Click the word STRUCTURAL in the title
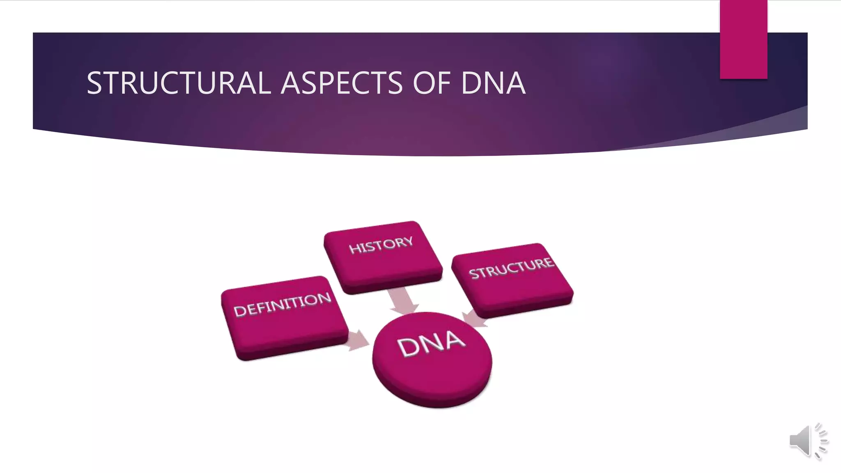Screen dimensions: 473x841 tap(178, 83)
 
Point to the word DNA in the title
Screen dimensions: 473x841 tap(493, 83)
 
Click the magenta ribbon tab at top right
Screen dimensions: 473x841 tap(743, 39)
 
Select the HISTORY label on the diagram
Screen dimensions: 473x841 tap(381, 245)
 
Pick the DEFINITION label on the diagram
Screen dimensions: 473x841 tap(282, 305)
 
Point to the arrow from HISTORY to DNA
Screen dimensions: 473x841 tap(402, 301)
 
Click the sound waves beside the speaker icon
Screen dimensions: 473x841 tap(821, 441)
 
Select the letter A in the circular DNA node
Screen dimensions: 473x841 tap(453, 339)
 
